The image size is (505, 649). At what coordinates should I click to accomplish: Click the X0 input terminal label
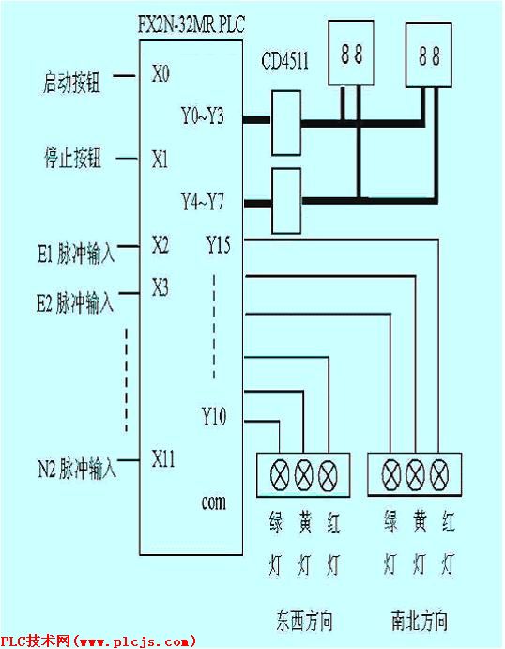point(161,74)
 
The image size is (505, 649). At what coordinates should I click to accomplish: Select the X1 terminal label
point(161,160)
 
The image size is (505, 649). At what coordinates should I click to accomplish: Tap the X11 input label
point(163,458)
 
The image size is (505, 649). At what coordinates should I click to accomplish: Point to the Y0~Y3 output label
point(203,116)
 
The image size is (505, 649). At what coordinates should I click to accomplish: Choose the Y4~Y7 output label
point(203,202)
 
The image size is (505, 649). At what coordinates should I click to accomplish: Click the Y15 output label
point(219,244)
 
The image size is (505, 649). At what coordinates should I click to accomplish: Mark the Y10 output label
point(214,416)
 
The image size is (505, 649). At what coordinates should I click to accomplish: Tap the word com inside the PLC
point(213,502)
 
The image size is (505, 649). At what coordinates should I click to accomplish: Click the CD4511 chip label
point(285,61)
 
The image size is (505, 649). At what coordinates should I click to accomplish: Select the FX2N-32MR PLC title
point(191,24)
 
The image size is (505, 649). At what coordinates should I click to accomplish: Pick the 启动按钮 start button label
point(72,82)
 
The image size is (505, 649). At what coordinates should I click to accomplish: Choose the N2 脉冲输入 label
point(77,469)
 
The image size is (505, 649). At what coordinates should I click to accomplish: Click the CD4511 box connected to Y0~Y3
point(286,123)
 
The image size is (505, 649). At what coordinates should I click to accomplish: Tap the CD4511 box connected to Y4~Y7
point(286,201)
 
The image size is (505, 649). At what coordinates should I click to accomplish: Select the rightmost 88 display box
point(428,55)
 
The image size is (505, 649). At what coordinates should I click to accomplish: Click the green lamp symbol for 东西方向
point(280,475)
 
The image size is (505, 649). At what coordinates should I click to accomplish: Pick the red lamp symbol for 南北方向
point(439,475)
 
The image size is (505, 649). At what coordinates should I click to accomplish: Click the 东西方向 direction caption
point(304,621)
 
